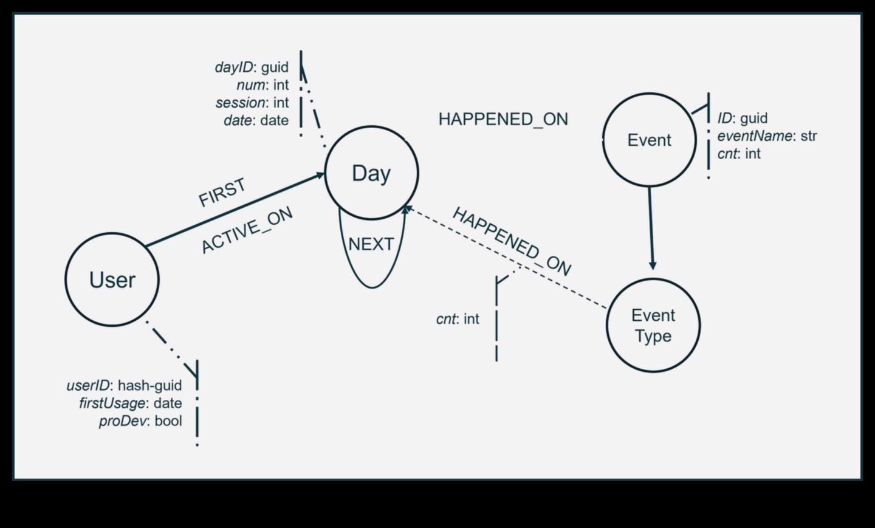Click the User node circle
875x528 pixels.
pos(112,279)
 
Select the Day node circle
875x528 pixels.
pos(371,173)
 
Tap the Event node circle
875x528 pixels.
pos(649,140)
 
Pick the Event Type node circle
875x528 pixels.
pos(653,325)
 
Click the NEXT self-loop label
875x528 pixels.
pos(371,244)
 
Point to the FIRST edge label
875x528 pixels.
pos(222,192)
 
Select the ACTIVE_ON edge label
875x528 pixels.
pos(247,230)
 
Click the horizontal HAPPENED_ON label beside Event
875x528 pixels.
pos(503,119)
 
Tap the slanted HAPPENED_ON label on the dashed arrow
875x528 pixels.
pos(512,241)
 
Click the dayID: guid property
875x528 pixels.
pos(252,67)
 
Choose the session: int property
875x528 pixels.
pos(252,103)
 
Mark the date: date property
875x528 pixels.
pos(256,120)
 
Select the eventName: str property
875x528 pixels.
pos(767,135)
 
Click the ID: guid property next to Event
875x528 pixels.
pos(742,118)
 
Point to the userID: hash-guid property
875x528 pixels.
pos(124,385)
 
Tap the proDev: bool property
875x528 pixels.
pos(140,421)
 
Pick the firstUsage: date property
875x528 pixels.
pos(131,403)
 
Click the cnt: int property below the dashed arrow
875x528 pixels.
pos(458,318)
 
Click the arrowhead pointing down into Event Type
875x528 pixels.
pos(653,265)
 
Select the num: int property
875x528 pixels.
pos(262,85)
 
